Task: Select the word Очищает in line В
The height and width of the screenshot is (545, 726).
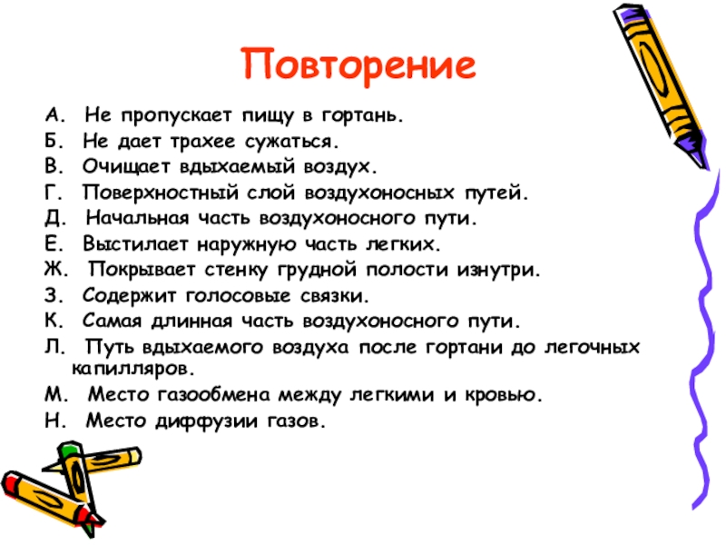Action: point(118,168)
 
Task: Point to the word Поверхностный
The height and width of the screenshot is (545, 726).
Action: point(148,193)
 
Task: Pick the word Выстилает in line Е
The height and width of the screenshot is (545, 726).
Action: point(122,244)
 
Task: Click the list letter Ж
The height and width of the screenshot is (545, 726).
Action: point(51,270)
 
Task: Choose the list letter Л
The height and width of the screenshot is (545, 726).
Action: point(50,347)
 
